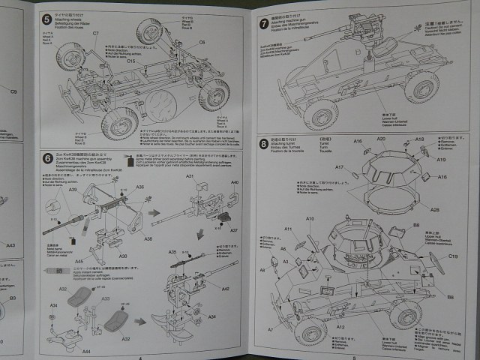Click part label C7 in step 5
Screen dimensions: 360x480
tap(96, 34)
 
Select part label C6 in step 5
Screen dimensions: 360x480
tap(202, 43)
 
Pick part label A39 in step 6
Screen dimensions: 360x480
tap(73, 191)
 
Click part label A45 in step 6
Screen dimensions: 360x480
tap(79, 261)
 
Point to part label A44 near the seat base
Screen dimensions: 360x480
tap(86, 351)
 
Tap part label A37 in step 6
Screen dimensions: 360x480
tap(234, 230)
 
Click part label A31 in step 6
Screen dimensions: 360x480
tap(190, 176)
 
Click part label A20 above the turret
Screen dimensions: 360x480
tap(380, 139)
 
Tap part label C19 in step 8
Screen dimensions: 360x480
tap(453, 256)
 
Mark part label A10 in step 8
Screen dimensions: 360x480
tap(310, 218)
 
